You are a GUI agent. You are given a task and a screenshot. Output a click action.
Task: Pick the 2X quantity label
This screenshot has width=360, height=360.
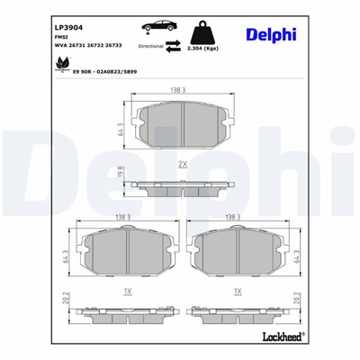click(181, 165)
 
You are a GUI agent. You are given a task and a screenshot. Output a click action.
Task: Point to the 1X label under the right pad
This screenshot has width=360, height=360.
click(237, 292)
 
